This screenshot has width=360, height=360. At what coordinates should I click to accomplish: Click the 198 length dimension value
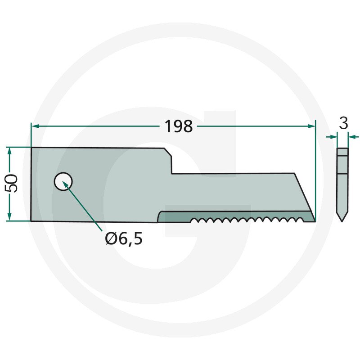tap(179, 126)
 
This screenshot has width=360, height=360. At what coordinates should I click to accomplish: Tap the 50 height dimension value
tap(11, 183)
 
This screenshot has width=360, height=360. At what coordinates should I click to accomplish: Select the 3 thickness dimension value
tap(343, 123)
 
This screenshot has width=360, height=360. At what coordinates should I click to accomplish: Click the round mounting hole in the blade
tap(63, 181)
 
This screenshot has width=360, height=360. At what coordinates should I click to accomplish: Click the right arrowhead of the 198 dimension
tap(312, 126)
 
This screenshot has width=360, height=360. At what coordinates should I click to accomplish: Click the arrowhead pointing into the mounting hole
tap(65, 184)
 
